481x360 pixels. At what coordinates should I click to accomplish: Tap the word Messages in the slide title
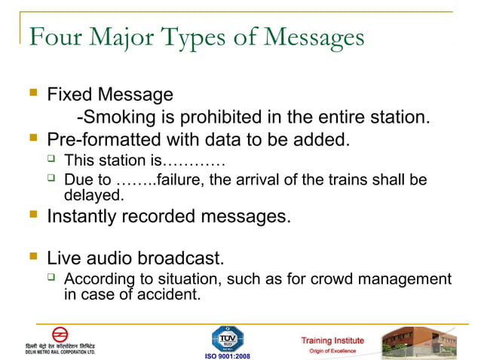click(x=308, y=37)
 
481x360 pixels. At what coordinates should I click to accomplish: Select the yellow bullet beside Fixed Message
click(x=32, y=93)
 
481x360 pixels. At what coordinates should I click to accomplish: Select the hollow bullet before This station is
click(x=51, y=159)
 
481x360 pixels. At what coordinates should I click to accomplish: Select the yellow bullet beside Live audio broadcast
click(x=32, y=258)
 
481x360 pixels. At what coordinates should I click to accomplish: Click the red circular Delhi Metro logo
click(x=60, y=334)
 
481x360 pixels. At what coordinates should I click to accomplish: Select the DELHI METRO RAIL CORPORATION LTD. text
click(x=60, y=351)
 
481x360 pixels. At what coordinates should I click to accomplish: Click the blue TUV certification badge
click(x=227, y=337)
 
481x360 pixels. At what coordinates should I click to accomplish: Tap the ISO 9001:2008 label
click(x=227, y=355)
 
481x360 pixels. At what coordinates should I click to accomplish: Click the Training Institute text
click(x=332, y=340)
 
